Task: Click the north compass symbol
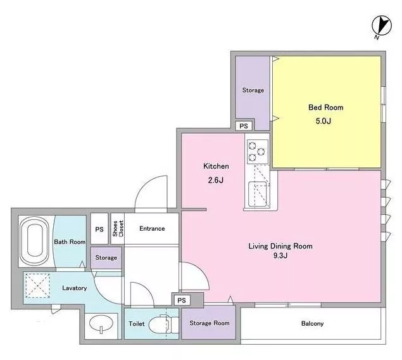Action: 382,25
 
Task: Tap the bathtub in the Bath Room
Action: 35,241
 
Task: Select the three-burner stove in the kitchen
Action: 258,151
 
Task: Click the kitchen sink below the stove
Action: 259,194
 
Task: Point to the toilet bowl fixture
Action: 163,325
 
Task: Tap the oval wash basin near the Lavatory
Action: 101,324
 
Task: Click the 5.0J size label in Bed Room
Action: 323,121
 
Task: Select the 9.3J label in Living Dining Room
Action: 280,255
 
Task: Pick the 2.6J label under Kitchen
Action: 216,180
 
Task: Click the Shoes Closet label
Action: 118,228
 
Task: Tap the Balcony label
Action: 312,324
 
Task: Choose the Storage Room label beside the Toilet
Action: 210,323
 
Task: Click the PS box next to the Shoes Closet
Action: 99,229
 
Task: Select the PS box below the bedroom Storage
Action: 244,126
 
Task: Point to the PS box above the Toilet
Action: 182,300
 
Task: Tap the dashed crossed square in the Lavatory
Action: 38,286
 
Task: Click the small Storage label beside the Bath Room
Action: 106,257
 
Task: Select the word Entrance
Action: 152,228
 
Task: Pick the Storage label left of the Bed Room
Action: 253,91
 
